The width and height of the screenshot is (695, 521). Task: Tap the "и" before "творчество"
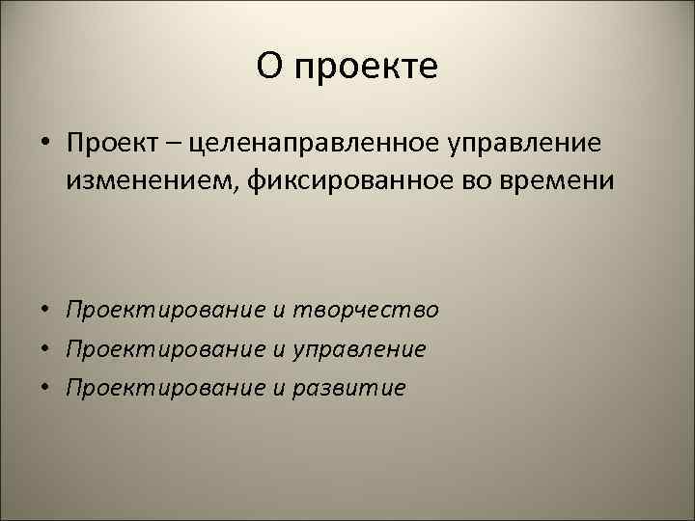coord(279,311)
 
